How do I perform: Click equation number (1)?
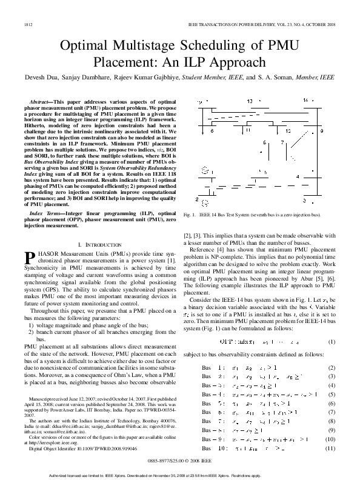332,342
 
